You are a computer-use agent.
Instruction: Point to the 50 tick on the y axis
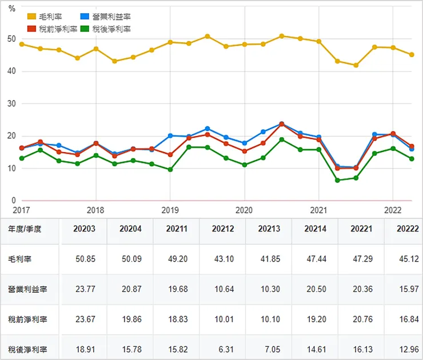tap(11, 39)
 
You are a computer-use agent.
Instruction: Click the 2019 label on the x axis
tap(170, 210)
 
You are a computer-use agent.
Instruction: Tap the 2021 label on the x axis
tap(318, 210)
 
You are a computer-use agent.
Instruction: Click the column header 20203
tap(85, 229)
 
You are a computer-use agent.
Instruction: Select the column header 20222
tap(406, 229)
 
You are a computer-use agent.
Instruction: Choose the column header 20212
tap(222, 229)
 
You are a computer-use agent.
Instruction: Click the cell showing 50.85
tap(85, 259)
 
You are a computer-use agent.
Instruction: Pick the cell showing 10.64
tap(222, 289)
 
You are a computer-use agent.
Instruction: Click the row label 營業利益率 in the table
tap(27, 289)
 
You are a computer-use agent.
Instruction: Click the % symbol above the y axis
tap(11, 9)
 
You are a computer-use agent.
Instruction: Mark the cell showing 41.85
tap(268, 259)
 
